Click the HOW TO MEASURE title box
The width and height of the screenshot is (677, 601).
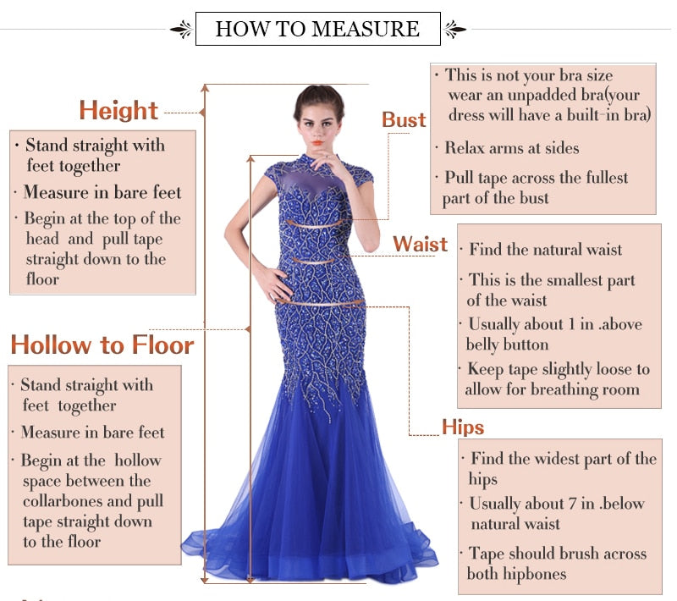click(317, 29)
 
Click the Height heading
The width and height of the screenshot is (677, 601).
click(118, 111)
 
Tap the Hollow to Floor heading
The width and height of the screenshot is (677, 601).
click(102, 345)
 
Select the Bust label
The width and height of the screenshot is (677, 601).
click(404, 120)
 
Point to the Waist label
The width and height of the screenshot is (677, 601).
click(420, 245)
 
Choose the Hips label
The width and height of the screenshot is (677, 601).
click(463, 427)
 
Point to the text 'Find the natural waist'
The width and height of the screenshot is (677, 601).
click(546, 250)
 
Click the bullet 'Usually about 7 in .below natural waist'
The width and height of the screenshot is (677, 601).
click(557, 514)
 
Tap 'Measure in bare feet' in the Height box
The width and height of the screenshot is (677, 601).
click(102, 192)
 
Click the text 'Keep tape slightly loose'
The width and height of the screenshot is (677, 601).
click(559, 370)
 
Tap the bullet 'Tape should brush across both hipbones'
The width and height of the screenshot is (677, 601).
click(557, 564)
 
